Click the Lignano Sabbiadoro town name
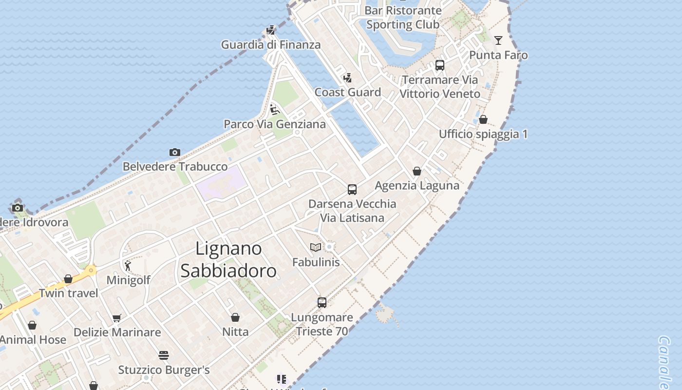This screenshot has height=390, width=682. click(228, 259)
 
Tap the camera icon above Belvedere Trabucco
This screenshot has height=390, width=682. click(175, 153)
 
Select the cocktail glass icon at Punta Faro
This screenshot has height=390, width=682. click(498, 40)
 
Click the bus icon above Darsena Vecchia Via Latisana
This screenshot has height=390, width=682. click(352, 190)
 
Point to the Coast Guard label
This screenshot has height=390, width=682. click(347, 92)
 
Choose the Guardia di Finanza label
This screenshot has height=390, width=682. click(271, 45)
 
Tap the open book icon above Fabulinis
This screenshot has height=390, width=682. click(316, 248)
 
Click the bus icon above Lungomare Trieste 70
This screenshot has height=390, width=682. click(322, 303)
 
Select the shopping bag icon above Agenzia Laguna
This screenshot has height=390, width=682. click(417, 171)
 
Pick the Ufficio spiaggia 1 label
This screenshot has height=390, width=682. click(483, 134)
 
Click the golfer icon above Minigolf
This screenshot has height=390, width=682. click(128, 266)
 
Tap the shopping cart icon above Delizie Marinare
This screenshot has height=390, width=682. click(117, 318)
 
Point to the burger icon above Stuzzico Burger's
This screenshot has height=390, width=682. click(164, 355)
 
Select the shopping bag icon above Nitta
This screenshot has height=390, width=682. click(235, 318)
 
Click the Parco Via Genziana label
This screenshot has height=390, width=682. click(275, 124)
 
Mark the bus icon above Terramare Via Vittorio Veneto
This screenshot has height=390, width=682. click(440, 65)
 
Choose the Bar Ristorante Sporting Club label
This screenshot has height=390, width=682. click(403, 17)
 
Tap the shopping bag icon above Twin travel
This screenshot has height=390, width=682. click(68, 279)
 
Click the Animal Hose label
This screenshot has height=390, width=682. click(33, 340)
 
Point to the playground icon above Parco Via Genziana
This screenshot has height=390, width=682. click(275, 110)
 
